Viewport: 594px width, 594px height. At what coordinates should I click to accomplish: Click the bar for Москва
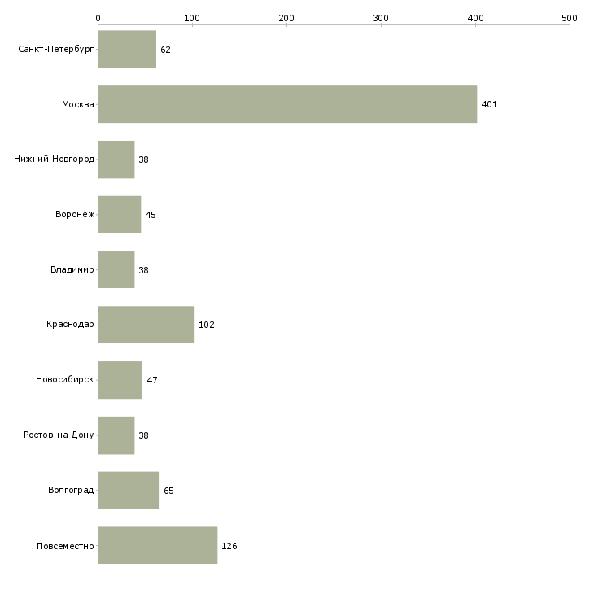pyautogui.click(x=287, y=104)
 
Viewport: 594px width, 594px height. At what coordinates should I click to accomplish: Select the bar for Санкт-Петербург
pyautogui.click(x=127, y=49)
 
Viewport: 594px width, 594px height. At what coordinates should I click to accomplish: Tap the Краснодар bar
pyautogui.click(x=146, y=325)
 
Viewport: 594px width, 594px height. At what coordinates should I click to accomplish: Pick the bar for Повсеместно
pyautogui.click(x=158, y=545)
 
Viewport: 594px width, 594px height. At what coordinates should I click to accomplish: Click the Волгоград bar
pyautogui.click(x=129, y=490)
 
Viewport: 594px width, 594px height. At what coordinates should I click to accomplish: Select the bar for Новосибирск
pyautogui.click(x=120, y=380)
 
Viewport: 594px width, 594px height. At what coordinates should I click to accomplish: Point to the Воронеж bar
pyautogui.click(x=120, y=215)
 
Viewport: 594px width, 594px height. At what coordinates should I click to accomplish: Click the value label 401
pyautogui.click(x=489, y=104)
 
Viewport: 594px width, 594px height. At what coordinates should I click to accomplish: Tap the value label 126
pyautogui.click(x=229, y=546)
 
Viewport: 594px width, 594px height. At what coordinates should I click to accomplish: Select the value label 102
pyautogui.click(x=207, y=325)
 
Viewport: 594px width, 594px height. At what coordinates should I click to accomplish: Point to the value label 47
pyautogui.click(x=152, y=380)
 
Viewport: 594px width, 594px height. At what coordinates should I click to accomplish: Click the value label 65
pyautogui.click(x=168, y=491)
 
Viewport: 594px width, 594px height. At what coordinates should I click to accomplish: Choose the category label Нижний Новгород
pyautogui.click(x=55, y=159)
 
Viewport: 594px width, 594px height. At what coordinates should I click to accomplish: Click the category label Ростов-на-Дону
pyautogui.click(x=59, y=435)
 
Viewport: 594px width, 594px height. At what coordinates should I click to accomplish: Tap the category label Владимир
pyautogui.click(x=72, y=269)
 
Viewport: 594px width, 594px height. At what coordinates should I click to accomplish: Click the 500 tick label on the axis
pyautogui.click(x=570, y=18)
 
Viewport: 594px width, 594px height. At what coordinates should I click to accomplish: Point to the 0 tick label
pyautogui.click(x=98, y=18)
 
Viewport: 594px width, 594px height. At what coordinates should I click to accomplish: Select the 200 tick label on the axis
pyautogui.click(x=286, y=18)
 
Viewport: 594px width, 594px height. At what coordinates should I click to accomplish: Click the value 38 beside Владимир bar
pyautogui.click(x=143, y=270)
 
